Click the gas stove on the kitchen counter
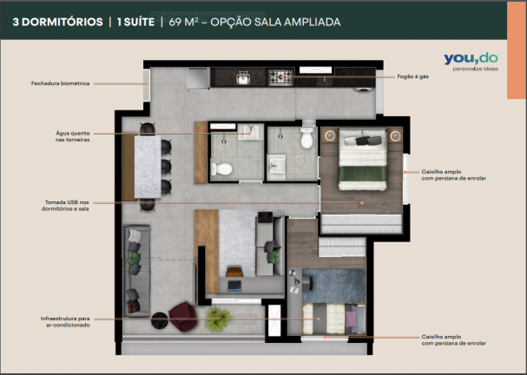click(280, 77)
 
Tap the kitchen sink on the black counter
click(243, 78)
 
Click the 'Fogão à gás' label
click(412, 76)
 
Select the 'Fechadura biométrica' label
click(61, 83)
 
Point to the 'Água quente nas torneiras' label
click(73, 136)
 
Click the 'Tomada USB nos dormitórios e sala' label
click(65, 206)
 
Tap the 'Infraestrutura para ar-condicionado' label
click(65, 321)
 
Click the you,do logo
click(471, 62)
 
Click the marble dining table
click(148, 167)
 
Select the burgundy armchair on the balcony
click(182, 316)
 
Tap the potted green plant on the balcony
click(218, 318)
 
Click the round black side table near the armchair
click(159, 320)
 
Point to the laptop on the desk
click(234, 286)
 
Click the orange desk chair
click(234, 271)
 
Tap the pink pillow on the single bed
click(351, 319)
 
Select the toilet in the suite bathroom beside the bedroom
click(306, 137)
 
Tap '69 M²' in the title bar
click(183, 22)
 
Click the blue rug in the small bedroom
click(333, 286)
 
